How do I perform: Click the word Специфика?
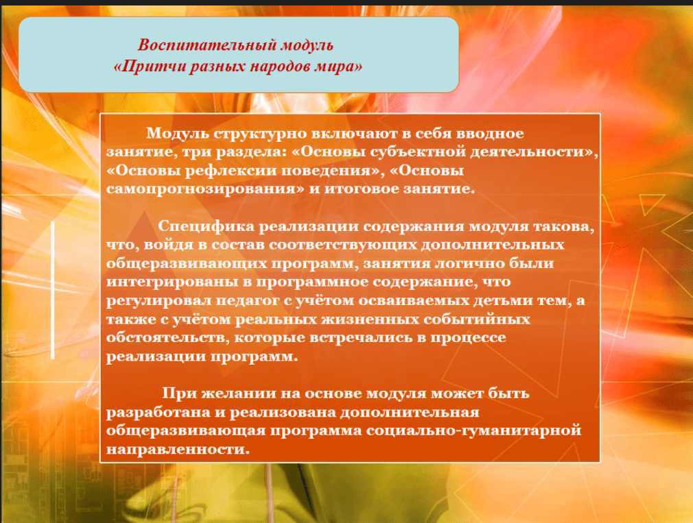[x=206, y=226]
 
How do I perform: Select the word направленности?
[x=175, y=449]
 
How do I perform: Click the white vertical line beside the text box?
[x=53, y=290]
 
